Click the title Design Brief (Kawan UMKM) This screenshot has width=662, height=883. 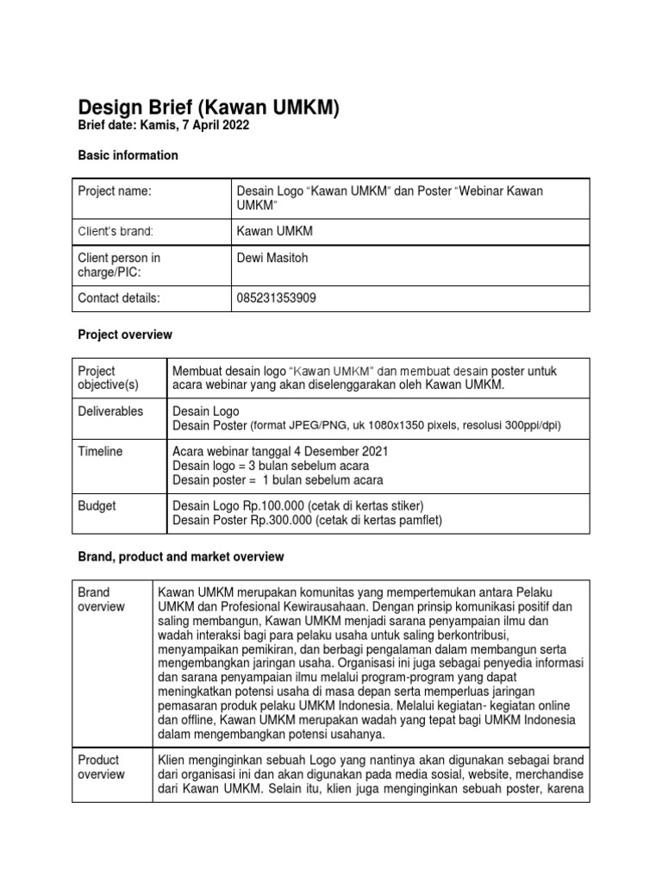(x=209, y=108)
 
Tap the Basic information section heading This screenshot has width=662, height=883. (x=128, y=155)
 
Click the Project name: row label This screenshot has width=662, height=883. (x=115, y=191)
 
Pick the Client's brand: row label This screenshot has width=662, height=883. (x=116, y=231)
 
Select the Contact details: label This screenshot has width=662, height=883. (x=119, y=297)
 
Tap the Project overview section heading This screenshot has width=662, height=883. (x=125, y=334)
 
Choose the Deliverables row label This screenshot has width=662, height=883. (x=110, y=411)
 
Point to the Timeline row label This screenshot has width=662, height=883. (x=100, y=451)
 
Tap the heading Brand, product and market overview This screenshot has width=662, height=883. (x=181, y=557)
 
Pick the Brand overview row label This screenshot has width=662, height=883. (x=101, y=599)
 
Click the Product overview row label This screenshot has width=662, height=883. (x=101, y=767)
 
